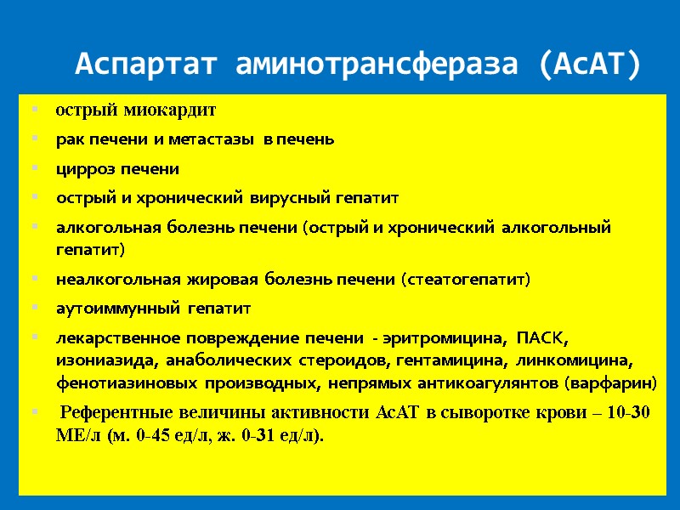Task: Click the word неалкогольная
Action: (107, 280)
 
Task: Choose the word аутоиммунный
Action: (118, 309)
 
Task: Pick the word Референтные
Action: (118, 414)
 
